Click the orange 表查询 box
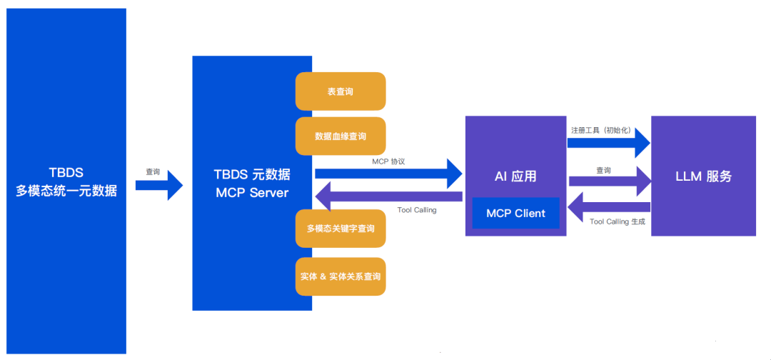pyautogui.click(x=341, y=91)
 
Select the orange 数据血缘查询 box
pyautogui.click(x=341, y=136)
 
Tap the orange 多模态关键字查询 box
pyautogui.click(x=341, y=229)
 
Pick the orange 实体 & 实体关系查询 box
pyautogui.click(x=341, y=276)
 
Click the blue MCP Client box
pyautogui.click(x=515, y=213)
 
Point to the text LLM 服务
pyautogui.click(x=703, y=176)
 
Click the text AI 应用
pyautogui.click(x=515, y=176)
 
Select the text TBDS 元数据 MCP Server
pyautogui.click(x=252, y=184)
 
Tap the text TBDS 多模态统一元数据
pyautogui.click(x=66, y=182)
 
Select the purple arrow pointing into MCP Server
pyautogui.click(x=388, y=196)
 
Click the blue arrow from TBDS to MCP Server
pyautogui.click(x=158, y=186)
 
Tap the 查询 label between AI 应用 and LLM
pyautogui.click(x=603, y=170)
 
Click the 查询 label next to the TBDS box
pyautogui.click(x=153, y=172)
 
